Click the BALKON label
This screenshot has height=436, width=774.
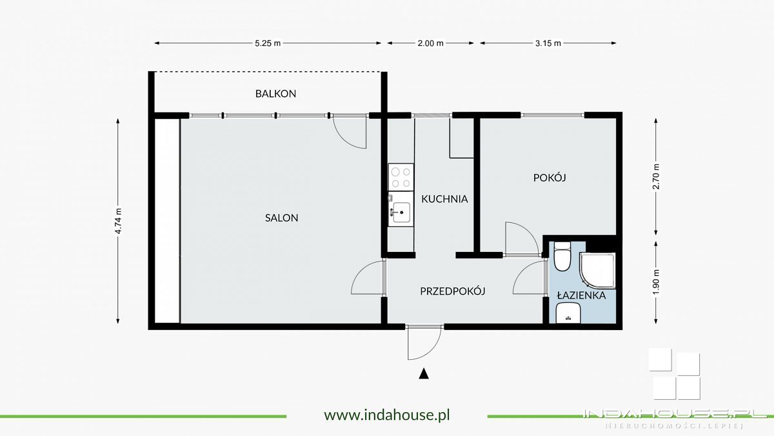275,94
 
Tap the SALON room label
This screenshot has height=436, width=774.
282,218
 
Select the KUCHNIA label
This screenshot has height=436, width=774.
444,199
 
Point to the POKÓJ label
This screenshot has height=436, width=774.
550,178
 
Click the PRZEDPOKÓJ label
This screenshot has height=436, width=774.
452,291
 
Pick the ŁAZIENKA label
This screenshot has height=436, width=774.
581,296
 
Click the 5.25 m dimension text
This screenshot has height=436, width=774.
268,43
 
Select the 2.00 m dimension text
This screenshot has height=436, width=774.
431,43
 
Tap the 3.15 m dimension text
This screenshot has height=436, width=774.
548,43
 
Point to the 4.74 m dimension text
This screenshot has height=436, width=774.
119,221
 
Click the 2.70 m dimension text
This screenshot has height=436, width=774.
657,176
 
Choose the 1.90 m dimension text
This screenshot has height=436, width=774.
657,282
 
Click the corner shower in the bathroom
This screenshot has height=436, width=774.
599,271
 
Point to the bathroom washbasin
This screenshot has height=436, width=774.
568,314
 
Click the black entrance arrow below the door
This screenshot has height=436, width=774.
424,373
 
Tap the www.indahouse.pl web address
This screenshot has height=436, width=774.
386,415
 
